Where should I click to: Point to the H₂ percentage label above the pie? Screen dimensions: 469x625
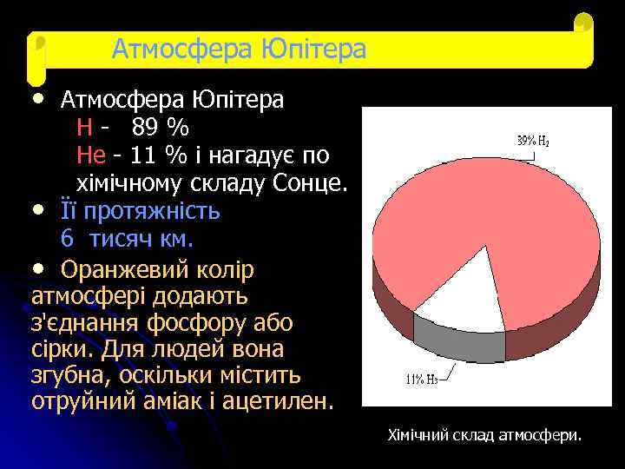coord(532,140)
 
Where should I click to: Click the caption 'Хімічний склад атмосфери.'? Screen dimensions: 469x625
coord(484,434)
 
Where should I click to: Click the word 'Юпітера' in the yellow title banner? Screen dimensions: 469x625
coord(313,49)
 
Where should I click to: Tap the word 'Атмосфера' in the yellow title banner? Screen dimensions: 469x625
coord(183,49)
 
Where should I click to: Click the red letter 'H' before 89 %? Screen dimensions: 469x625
coord(84,128)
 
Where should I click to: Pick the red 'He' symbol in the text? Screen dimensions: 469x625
coord(91,155)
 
